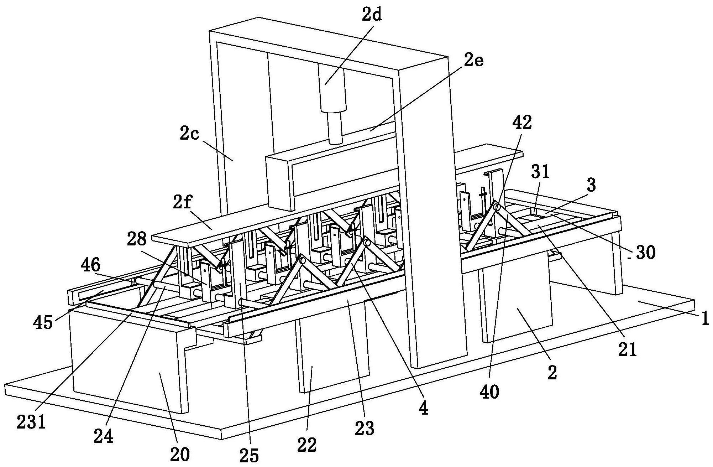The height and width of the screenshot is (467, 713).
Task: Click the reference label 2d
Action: coord(372,15)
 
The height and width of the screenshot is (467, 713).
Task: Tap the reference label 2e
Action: coord(473,62)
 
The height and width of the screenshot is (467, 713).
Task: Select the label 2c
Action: coord(189,134)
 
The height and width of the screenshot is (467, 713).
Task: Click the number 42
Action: coord(522,123)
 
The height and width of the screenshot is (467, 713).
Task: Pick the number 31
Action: coord(540,172)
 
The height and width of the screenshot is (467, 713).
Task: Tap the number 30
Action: coord(645,253)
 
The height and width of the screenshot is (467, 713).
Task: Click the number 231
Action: coord(31,422)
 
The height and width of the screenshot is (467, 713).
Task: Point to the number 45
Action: coord(43,323)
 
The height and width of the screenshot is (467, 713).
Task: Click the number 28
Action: coord(136,239)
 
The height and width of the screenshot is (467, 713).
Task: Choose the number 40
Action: coord(489,392)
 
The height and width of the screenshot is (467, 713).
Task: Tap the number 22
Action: coord(307,445)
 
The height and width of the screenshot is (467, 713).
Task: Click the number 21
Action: coord(627,349)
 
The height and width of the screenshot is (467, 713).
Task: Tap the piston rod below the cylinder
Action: coord(335,128)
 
